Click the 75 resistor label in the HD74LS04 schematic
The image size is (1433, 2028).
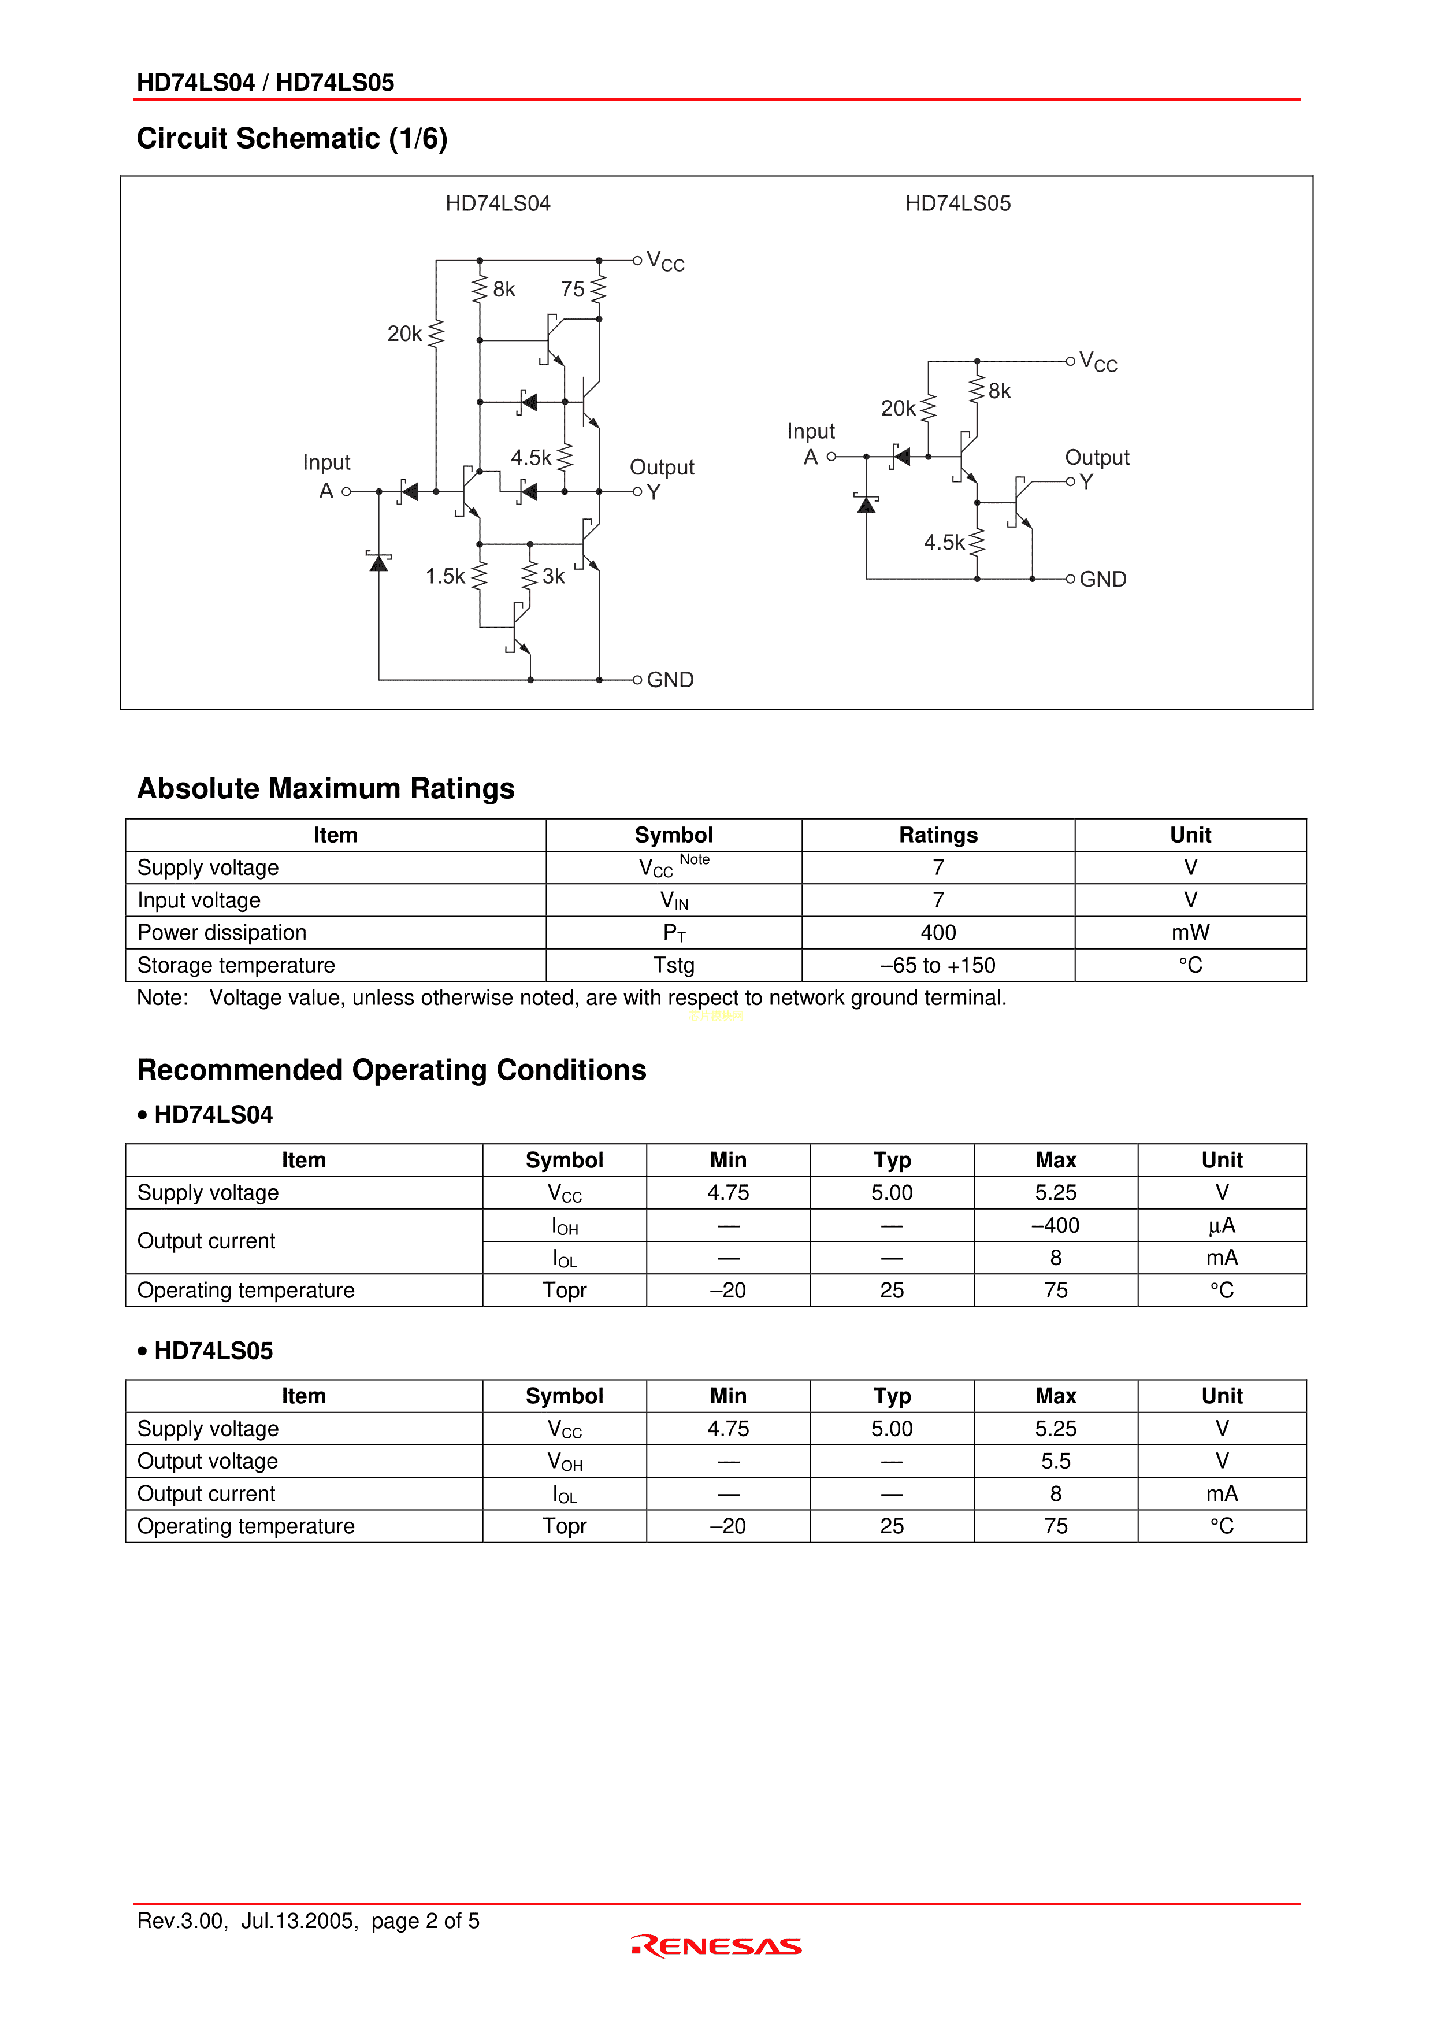click(572, 290)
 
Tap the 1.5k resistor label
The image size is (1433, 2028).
click(445, 577)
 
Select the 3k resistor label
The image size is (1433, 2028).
click(554, 577)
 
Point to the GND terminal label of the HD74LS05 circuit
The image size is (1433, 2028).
click(1103, 580)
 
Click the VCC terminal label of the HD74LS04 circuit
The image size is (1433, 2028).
click(665, 261)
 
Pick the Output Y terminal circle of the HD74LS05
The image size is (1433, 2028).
click(1071, 481)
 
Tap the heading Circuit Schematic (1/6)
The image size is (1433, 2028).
click(292, 139)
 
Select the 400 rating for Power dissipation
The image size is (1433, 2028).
click(938, 933)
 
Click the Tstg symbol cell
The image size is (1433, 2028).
click(674, 965)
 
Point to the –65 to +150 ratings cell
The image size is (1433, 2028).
click(938, 965)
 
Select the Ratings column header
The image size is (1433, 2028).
click(938, 836)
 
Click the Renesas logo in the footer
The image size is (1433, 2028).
click(716, 1947)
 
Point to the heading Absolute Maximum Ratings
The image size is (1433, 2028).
click(326, 789)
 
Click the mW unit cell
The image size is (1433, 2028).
click(1190, 933)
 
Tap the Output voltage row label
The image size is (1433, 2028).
click(207, 1461)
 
